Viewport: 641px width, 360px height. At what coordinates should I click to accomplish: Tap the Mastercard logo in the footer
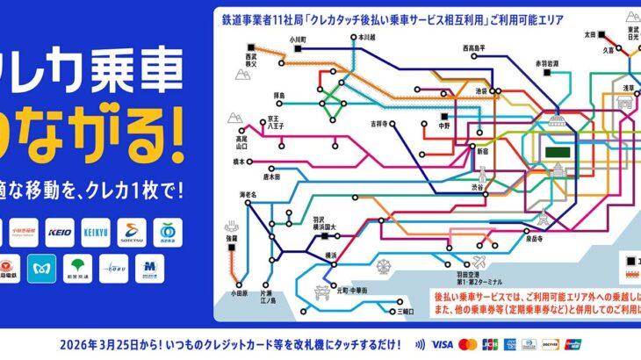pyautogui.click(x=468, y=343)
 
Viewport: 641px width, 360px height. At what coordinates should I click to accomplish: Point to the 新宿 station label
pyautogui.click(x=482, y=151)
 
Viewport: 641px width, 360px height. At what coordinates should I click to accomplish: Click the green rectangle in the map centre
pyautogui.click(x=557, y=151)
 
